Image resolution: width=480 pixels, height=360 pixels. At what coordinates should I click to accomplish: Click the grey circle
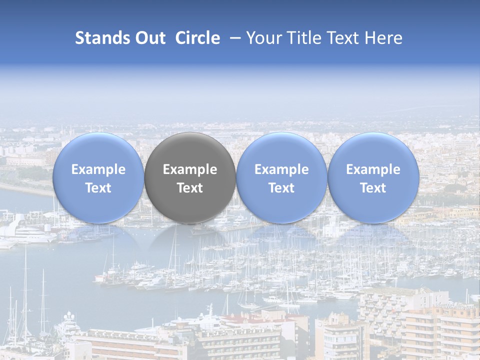tap(190, 178)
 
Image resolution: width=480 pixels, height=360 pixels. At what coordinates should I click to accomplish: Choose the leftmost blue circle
tap(98, 178)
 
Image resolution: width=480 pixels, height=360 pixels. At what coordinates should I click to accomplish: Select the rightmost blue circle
tap(373, 178)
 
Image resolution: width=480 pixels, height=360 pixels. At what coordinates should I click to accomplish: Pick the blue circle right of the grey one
tap(281, 178)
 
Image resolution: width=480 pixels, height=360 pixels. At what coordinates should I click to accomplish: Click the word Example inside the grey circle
tap(190, 169)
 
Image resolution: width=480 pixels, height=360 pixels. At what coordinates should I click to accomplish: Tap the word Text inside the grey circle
tap(190, 188)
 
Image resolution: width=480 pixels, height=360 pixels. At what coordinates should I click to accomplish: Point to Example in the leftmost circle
tap(98, 169)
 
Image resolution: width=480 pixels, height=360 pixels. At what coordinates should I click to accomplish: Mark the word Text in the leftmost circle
tap(98, 188)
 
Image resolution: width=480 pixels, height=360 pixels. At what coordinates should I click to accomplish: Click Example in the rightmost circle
tap(373, 169)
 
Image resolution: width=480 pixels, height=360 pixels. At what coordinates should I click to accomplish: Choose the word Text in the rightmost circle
tap(373, 188)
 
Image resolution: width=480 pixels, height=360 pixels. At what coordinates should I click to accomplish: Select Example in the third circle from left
tap(281, 169)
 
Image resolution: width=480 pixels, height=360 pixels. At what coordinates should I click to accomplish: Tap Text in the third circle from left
tap(281, 188)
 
